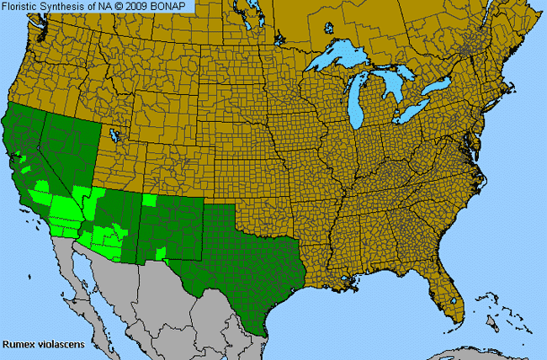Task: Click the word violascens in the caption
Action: tap(53, 344)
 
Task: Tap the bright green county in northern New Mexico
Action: tap(149, 201)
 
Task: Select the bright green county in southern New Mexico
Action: tap(160, 253)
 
